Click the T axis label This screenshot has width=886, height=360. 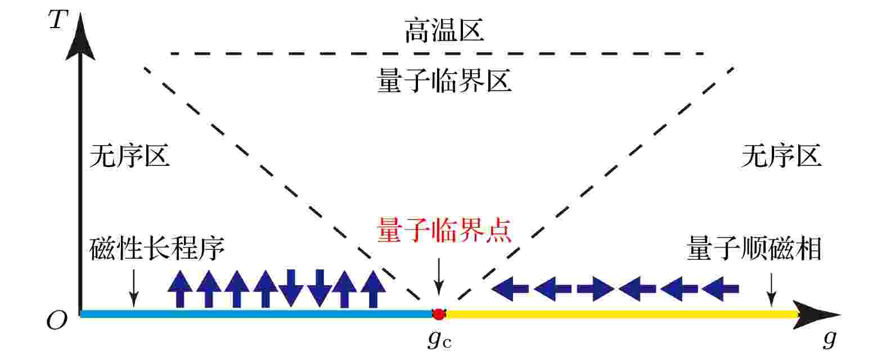(59, 19)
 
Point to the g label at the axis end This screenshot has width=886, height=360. (830, 338)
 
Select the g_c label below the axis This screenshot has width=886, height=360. (439, 339)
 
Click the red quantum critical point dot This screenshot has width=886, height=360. (439, 314)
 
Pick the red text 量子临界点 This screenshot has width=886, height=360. (444, 230)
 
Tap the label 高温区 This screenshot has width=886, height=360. (444, 30)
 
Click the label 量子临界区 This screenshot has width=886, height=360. (444, 80)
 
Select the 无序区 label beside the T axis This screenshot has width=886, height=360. (130, 155)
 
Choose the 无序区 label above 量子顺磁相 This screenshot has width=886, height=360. (781, 155)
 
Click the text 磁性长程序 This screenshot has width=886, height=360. (156, 248)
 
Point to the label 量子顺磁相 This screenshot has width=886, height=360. (754, 248)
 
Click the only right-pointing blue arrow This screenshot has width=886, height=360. (595, 289)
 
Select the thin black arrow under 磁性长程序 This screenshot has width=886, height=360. (134, 288)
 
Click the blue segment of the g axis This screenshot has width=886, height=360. (257, 314)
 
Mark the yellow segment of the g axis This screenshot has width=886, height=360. (622, 314)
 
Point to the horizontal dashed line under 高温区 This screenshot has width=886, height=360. (437, 53)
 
